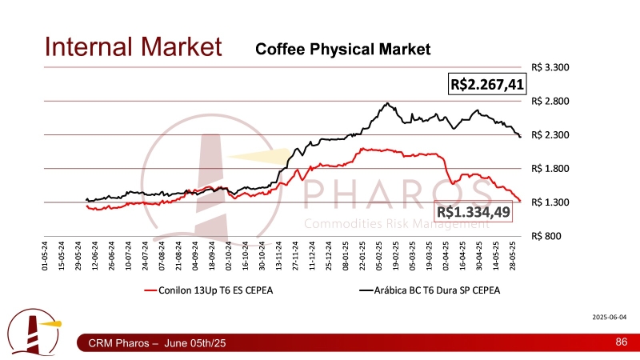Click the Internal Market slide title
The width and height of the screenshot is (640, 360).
coord(132,46)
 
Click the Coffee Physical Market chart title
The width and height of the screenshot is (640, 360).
coord(342,50)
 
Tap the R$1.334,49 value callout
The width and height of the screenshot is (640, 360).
coord(473,211)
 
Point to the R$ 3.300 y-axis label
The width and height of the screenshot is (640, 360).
coord(550,68)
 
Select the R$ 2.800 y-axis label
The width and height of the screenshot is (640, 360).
coord(550,102)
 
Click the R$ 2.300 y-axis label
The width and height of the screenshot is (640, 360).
coord(550,135)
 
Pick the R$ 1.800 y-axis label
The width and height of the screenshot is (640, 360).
coord(550,169)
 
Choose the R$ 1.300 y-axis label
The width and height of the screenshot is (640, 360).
coord(550,202)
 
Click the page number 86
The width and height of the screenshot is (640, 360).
coord(620,342)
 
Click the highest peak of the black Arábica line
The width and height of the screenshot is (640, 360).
coord(387,103)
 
